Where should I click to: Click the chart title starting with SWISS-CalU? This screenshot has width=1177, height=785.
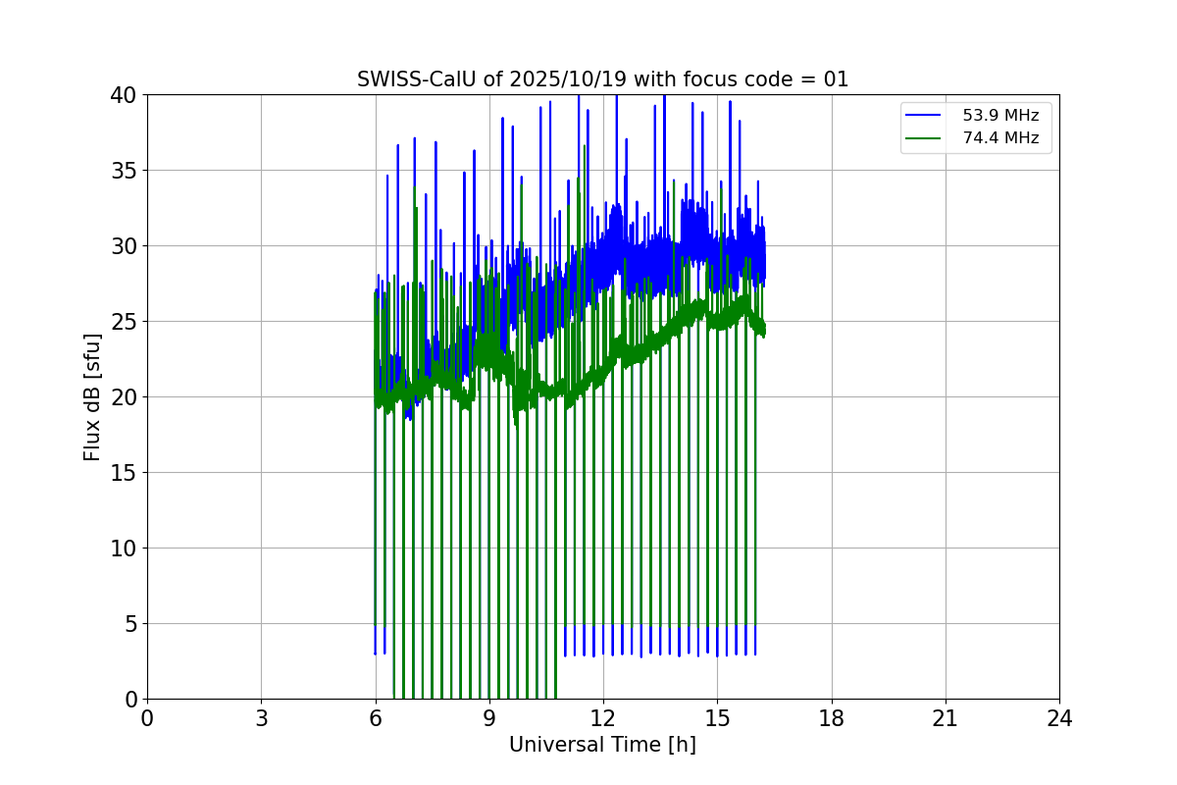pyautogui.click(x=602, y=79)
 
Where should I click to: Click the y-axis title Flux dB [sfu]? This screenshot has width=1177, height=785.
pyautogui.click(x=92, y=396)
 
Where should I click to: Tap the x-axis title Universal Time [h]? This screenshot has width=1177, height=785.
pyautogui.click(x=602, y=745)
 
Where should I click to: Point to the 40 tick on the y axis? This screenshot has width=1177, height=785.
pyautogui.click(x=126, y=95)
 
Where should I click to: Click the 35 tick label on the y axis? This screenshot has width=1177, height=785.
pyautogui.click(x=126, y=171)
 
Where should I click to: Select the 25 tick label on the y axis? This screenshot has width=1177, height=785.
pyautogui.click(x=126, y=322)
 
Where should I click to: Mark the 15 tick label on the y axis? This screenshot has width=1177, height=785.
pyautogui.click(x=126, y=473)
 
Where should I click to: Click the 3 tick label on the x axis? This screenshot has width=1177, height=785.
pyautogui.click(x=261, y=718)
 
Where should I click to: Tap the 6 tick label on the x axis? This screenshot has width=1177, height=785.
pyautogui.click(x=375, y=718)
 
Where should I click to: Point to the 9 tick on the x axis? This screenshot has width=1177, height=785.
pyautogui.click(x=489, y=718)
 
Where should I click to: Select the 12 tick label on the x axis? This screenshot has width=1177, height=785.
pyautogui.click(x=603, y=718)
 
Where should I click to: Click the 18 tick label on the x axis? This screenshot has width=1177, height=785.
pyautogui.click(x=831, y=718)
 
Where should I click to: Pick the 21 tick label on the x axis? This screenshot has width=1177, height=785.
pyautogui.click(x=946, y=718)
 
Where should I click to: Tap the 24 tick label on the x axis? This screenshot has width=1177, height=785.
pyautogui.click(x=1059, y=718)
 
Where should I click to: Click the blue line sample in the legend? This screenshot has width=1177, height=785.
pyautogui.click(x=926, y=116)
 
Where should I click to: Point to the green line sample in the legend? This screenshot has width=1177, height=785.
pyautogui.click(x=926, y=138)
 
